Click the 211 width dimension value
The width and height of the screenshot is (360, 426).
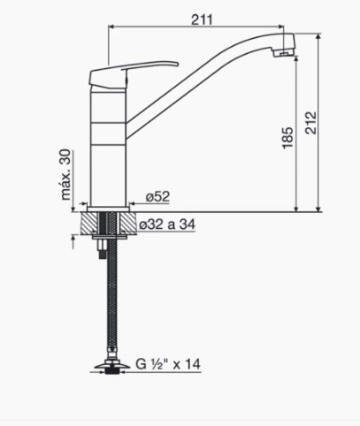click(x=202, y=19)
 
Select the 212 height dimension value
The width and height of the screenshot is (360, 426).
click(x=310, y=123)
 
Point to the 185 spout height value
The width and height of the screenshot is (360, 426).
click(x=287, y=138)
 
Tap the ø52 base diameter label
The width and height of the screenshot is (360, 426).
click(x=158, y=196)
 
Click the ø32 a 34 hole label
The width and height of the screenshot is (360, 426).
click(x=167, y=224)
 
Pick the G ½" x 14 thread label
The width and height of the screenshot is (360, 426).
click(x=168, y=364)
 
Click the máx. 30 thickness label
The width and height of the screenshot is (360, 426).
click(x=66, y=175)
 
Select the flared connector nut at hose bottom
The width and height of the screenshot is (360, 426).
click(x=112, y=365)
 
